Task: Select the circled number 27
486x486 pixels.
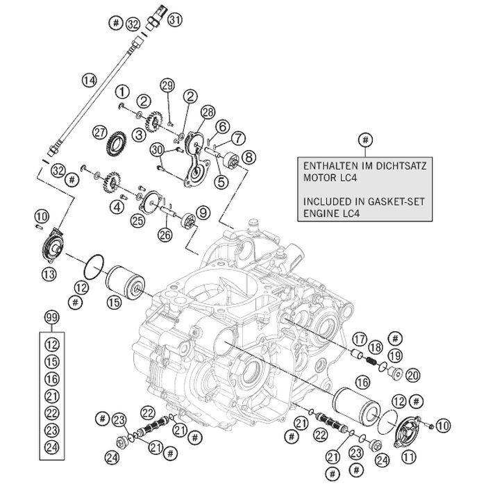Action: click(101, 132)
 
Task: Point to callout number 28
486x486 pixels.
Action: click(207, 112)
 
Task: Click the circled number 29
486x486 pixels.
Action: click(167, 85)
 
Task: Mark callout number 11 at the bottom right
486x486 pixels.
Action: click(410, 455)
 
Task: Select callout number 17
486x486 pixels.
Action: click(358, 339)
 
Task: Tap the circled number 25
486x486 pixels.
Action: click(138, 220)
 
